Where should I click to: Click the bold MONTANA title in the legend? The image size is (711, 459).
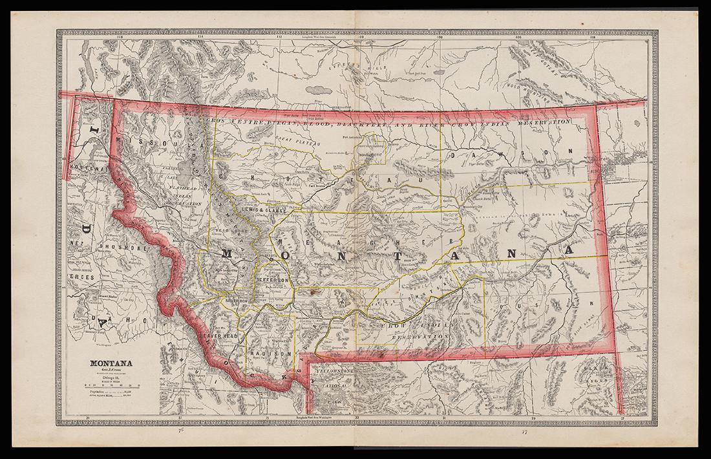pyautogui.click(x=111, y=363)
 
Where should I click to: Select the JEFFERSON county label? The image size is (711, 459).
pyautogui.click(x=272, y=279)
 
